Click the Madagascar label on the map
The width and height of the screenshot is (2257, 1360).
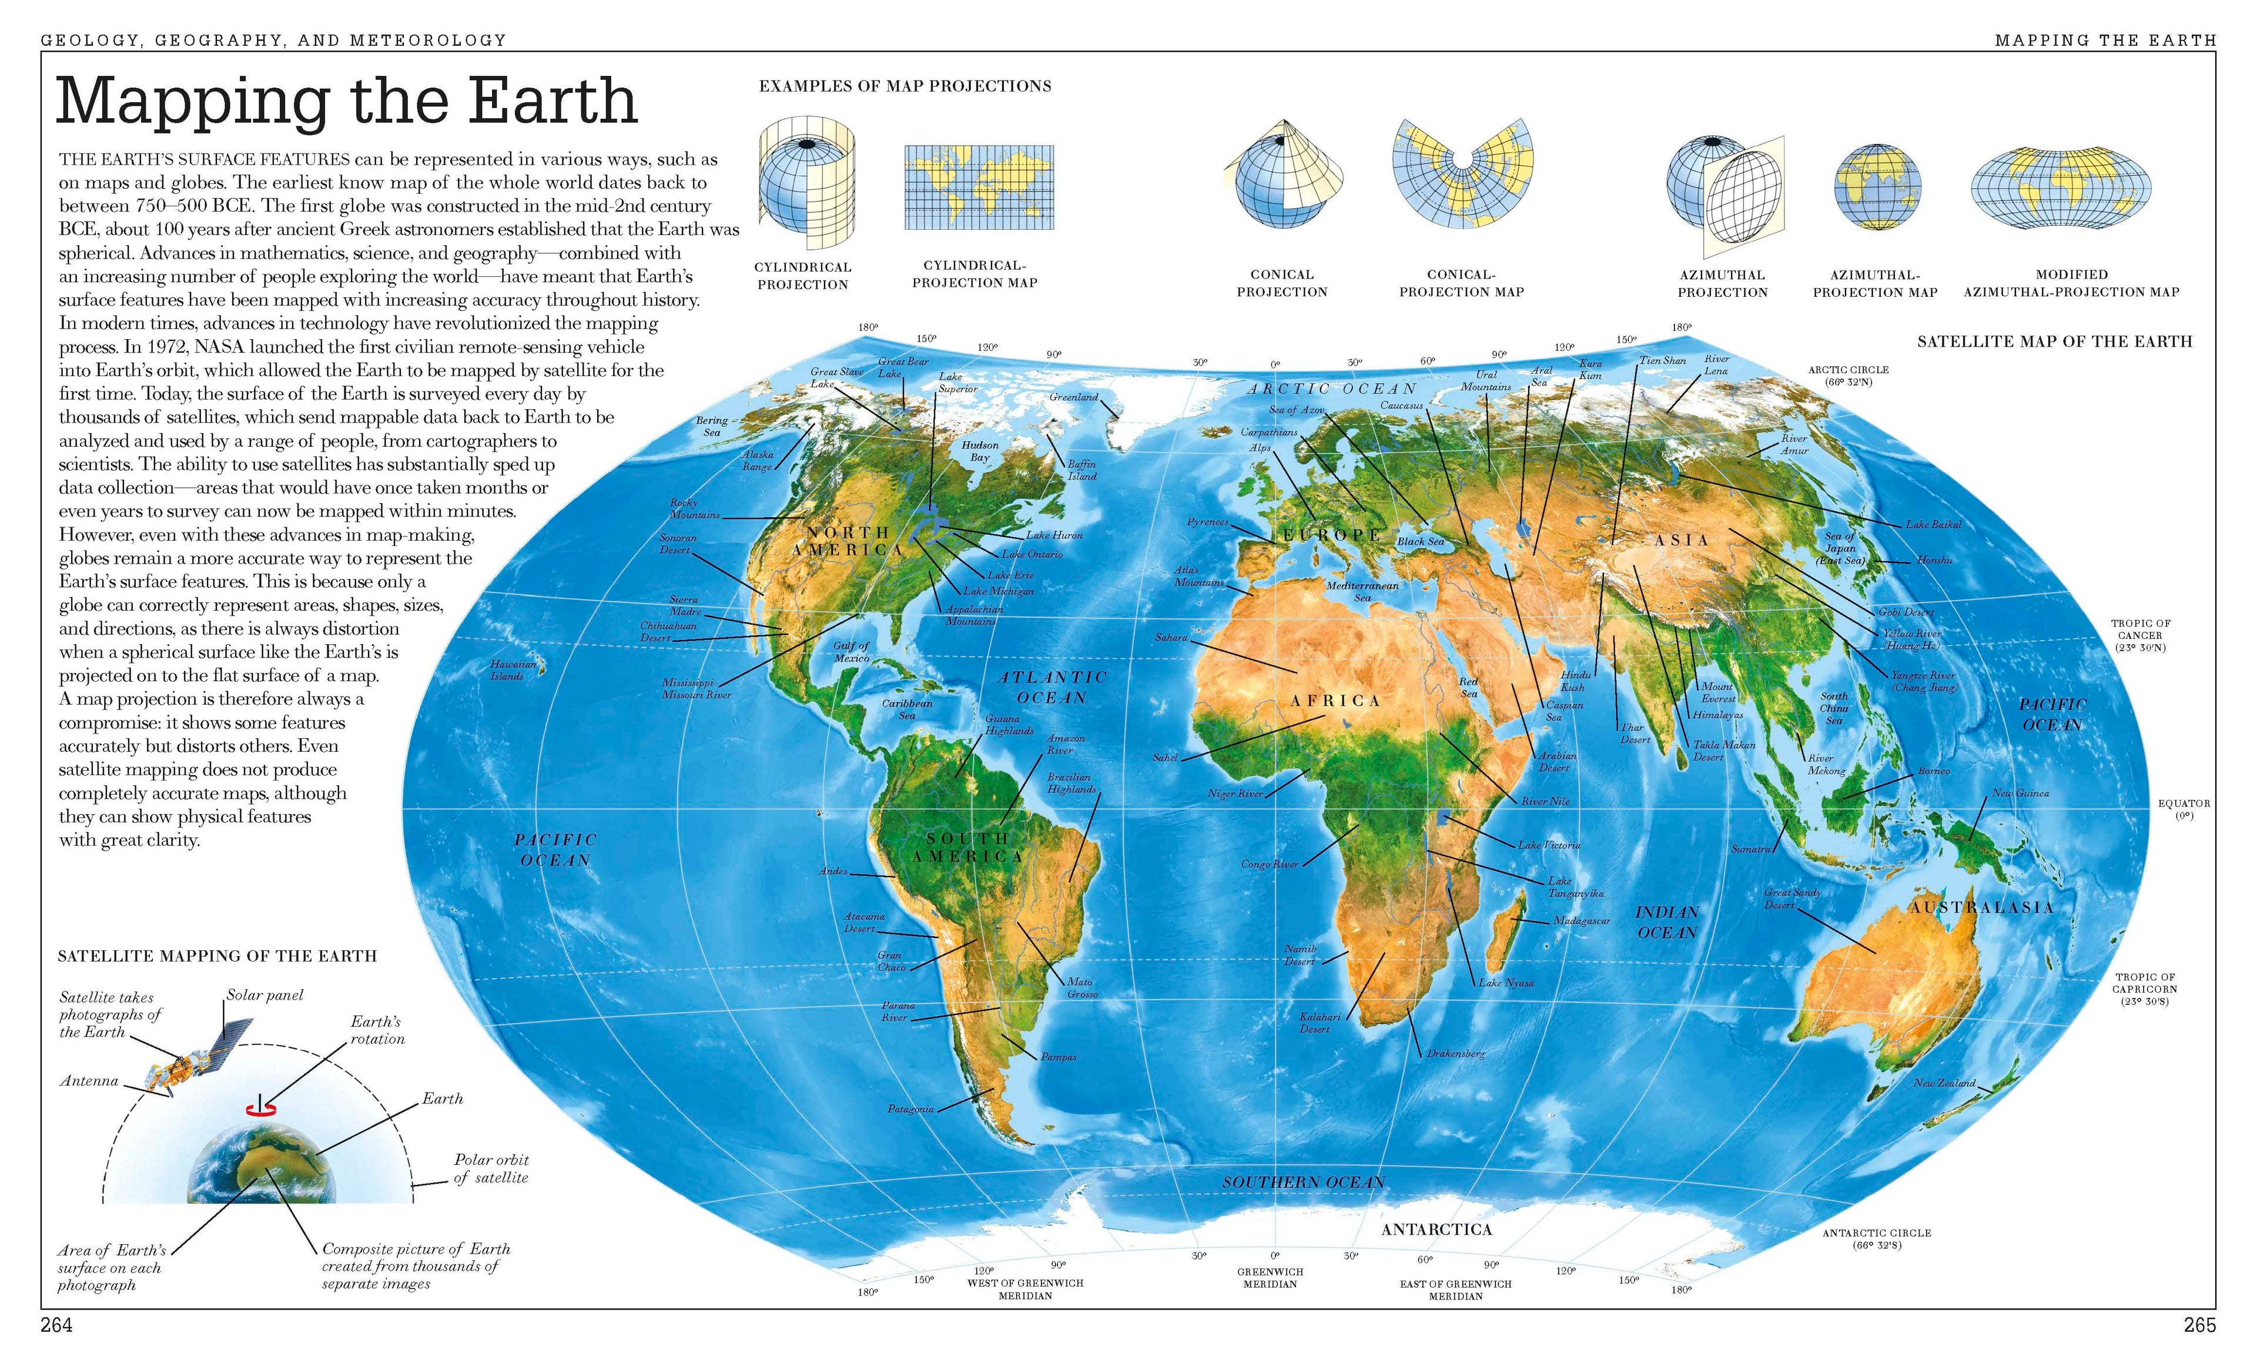(x=1581, y=920)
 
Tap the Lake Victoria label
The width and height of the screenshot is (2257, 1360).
(x=1549, y=845)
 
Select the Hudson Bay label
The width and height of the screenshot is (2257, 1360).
(x=979, y=451)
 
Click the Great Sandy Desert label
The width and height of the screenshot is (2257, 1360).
(x=1793, y=899)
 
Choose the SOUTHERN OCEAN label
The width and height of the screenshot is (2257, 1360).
(x=1302, y=1183)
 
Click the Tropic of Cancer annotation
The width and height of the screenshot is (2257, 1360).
(x=2140, y=635)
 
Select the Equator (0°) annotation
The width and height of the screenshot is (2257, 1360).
(x=2184, y=809)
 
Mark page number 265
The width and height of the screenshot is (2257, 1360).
(x=2199, y=1325)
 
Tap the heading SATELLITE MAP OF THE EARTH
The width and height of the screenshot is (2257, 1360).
(x=2055, y=341)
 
